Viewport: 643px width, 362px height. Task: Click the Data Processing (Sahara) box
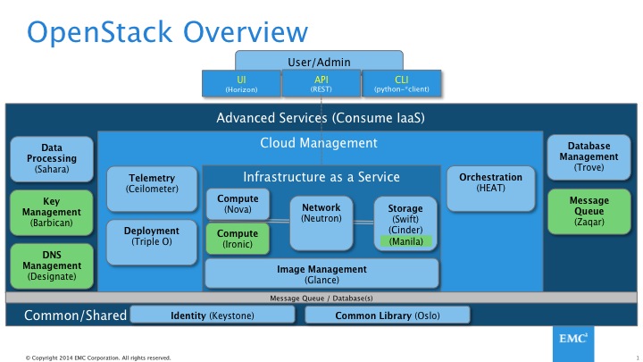click(x=52, y=158)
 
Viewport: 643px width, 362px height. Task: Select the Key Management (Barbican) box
click(x=52, y=213)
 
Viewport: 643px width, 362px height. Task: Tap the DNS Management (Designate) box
click(x=52, y=265)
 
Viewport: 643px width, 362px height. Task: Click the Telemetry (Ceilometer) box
click(x=152, y=183)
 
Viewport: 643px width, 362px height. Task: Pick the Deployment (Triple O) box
click(x=152, y=236)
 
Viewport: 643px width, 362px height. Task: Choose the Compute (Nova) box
click(x=238, y=205)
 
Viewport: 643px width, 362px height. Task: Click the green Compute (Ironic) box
click(x=238, y=238)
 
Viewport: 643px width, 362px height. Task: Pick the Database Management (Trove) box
click(x=589, y=158)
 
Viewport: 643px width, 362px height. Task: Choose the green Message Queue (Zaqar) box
click(x=589, y=213)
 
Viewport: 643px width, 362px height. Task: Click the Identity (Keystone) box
click(x=212, y=316)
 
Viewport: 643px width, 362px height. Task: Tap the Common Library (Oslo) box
click(x=387, y=316)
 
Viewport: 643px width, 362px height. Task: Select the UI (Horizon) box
click(x=241, y=84)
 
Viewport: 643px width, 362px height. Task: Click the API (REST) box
click(x=321, y=84)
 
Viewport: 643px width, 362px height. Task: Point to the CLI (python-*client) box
click(x=401, y=84)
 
